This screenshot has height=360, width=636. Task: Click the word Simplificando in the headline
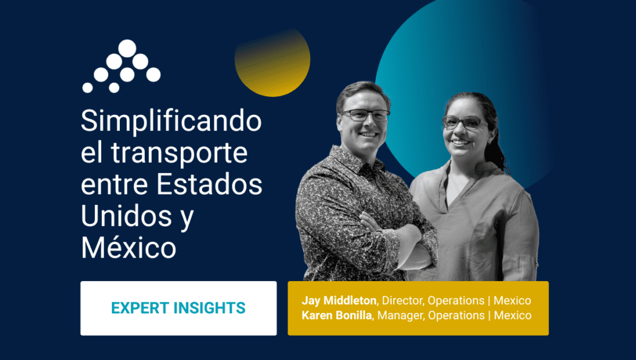coord(171,122)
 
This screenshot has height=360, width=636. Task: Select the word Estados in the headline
coord(209,184)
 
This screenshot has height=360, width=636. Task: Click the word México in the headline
coord(129,247)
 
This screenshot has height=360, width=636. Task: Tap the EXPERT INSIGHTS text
coord(178,308)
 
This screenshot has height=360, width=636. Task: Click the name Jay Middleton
coord(339,300)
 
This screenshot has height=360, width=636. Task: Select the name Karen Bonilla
coord(337,315)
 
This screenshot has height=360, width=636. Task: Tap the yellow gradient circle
coord(273,63)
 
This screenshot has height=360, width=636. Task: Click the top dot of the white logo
coord(127,48)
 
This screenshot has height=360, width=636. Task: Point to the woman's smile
coord(461,142)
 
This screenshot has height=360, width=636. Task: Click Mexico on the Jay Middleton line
coord(512,300)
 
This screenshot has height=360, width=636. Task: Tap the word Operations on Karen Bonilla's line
coord(457,315)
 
